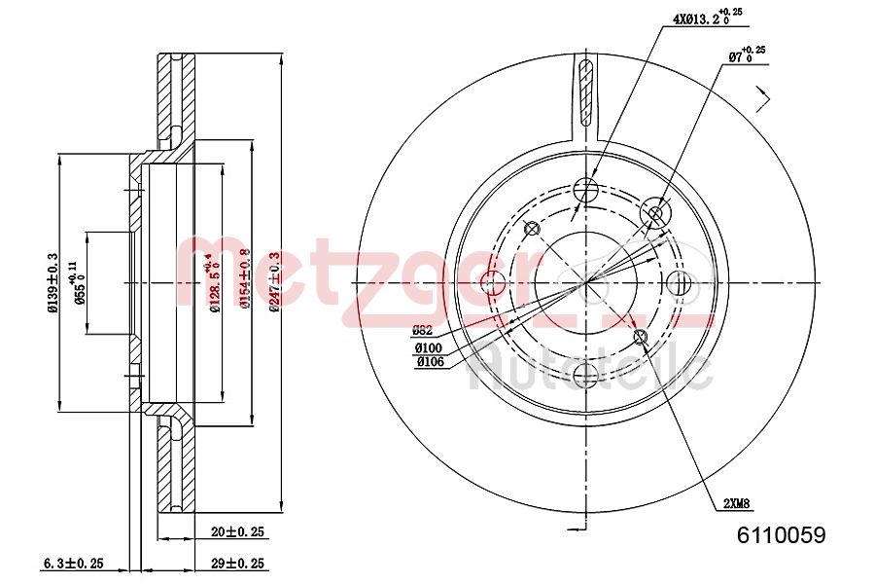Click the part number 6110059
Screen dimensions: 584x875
[x=782, y=534]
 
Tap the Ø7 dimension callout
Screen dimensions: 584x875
[x=746, y=56]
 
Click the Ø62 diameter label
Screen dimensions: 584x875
[x=424, y=329]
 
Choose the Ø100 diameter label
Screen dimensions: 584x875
[x=429, y=347]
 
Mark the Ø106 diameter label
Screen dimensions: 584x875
[x=429, y=362]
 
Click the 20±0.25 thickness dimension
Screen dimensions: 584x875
[x=238, y=532]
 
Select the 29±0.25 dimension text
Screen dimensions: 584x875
[x=238, y=564]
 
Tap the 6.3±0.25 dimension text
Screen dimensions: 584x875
[x=73, y=564]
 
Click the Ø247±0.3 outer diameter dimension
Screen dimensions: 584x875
[x=275, y=282]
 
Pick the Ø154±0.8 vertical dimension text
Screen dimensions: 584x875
[x=245, y=282]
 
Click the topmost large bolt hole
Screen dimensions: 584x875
[x=586, y=190]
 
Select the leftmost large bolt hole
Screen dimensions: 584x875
[x=494, y=283]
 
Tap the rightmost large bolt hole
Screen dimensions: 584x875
[x=680, y=282]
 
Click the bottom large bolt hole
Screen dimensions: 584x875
[x=586, y=375]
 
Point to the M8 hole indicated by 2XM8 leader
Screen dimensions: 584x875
[x=641, y=337]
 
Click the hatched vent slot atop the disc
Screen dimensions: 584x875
[x=585, y=92]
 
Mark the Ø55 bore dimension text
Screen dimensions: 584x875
[x=82, y=282]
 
